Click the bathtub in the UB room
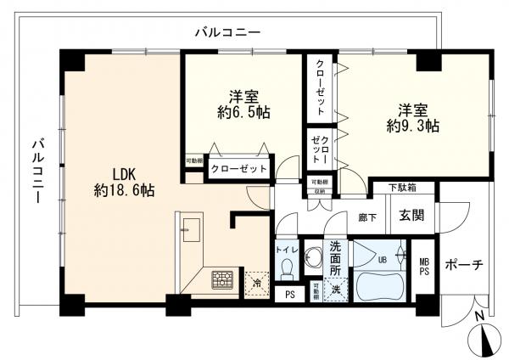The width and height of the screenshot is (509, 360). (x=379, y=284)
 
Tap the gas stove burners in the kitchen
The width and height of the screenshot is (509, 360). (x=223, y=278)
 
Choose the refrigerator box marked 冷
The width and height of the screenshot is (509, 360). (x=254, y=279)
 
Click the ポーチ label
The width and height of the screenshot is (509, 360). (x=464, y=265)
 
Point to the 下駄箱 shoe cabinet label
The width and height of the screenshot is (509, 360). (x=402, y=188)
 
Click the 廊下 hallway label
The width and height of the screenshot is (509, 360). (x=366, y=217)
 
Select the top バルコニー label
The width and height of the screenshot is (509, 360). (x=227, y=32)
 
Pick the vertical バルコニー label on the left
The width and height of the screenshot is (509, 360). (x=37, y=170)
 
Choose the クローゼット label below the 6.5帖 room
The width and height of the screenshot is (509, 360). (x=238, y=169)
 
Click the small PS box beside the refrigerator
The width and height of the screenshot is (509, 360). (x=290, y=295)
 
